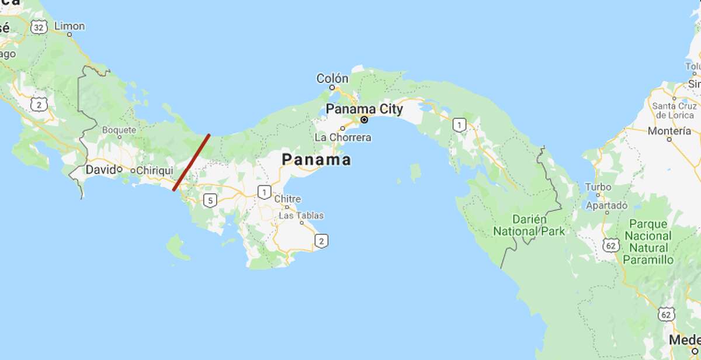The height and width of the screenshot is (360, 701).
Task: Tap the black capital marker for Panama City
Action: tap(364, 120)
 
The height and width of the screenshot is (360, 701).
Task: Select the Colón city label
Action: tap(332, 78)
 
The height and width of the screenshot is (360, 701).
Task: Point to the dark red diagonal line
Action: tap(191, 162)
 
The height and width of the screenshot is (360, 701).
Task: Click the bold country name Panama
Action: tap(316, 159)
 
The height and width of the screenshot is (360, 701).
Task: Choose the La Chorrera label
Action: tap(342, 137)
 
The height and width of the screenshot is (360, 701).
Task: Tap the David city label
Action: tap(100, 170)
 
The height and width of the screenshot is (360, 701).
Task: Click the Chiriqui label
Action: tap(155, 170)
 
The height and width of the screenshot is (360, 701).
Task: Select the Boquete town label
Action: tap(119, 130)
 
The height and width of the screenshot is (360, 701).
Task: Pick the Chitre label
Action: tap(287, 199)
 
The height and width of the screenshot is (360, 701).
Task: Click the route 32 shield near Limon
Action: tap(39, 27)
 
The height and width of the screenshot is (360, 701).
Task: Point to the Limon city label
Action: tap(69, 26)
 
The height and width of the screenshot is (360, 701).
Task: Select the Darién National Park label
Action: tap(529, 225)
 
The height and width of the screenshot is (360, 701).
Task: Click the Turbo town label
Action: tap(598, 187)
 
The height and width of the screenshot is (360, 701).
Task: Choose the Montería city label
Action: tap(669, 131)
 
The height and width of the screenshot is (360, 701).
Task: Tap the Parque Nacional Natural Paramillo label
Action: tap(648, 242)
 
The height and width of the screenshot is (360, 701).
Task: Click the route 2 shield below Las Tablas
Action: tap(321, 240)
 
